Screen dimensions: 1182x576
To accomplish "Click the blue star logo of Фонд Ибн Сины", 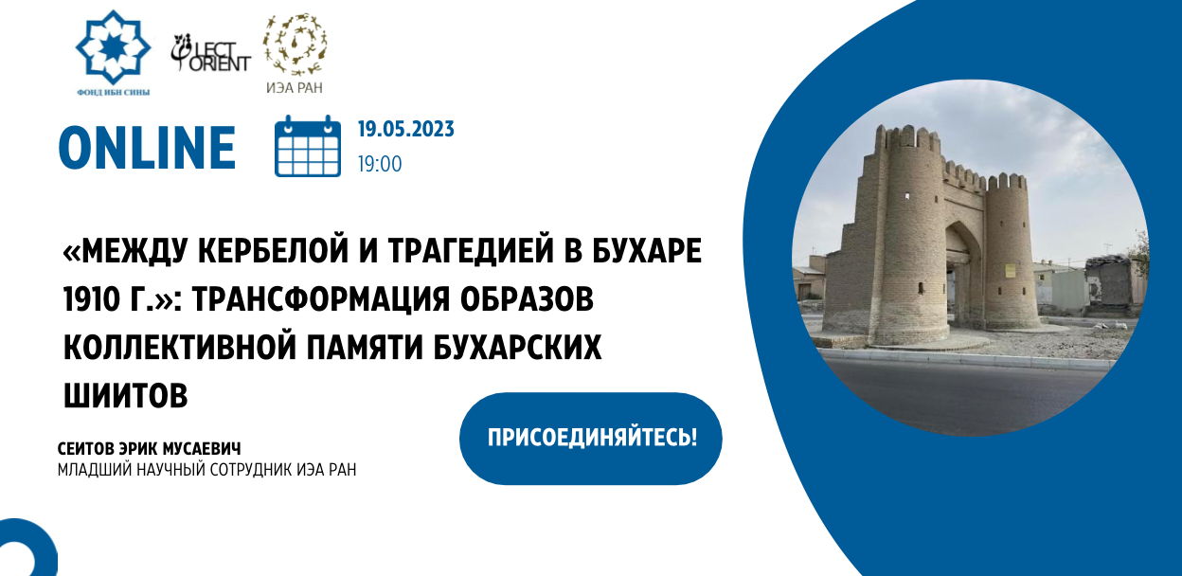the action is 113,47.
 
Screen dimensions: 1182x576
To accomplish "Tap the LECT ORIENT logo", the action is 210,52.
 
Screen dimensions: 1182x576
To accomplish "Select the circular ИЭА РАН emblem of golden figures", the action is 295,45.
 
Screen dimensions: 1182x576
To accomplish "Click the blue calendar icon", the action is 308,146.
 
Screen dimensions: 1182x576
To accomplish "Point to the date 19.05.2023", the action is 405,130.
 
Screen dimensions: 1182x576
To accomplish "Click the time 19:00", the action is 380,164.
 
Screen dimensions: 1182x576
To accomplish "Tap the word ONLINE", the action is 147,148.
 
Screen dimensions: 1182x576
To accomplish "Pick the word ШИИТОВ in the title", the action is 126,395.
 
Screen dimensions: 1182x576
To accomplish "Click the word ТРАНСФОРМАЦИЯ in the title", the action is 320,298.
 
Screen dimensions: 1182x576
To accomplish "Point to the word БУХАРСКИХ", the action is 517,347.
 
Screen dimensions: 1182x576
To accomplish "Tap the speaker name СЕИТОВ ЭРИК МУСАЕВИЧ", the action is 150,449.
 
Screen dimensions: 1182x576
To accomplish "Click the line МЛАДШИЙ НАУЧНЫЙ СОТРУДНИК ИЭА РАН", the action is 206,469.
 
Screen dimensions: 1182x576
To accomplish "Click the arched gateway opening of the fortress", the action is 963,275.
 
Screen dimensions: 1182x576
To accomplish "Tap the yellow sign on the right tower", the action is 1010,271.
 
